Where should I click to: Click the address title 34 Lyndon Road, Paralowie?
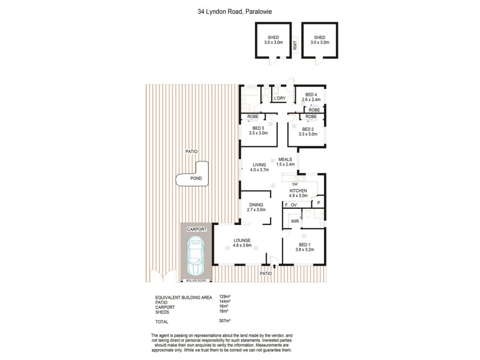coord(239,10)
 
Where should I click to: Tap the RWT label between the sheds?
coord(295,44)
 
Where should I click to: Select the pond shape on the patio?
coord(193,178)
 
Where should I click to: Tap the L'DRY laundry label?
coord(279,98)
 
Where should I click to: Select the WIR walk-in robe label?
coord(295,221)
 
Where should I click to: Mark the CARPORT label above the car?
coord(196,229)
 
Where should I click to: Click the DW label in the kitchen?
coord(295,184)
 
